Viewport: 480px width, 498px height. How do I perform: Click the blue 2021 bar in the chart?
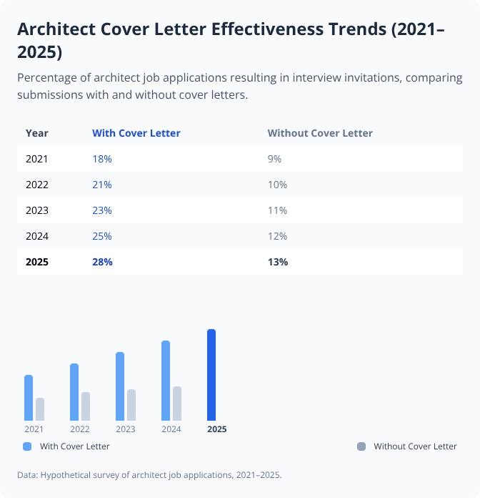pos(29,398)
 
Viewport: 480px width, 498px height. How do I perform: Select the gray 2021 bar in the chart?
pos(40,409)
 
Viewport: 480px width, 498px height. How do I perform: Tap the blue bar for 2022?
pos(74,392)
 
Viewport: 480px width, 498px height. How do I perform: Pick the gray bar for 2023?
pos(131,405)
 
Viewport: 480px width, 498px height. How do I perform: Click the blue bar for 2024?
pos(166,381)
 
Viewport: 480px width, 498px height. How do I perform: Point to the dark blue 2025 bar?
pos(211,375)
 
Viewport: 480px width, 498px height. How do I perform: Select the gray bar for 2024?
pos(177,404)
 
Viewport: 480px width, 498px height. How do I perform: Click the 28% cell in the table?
pos(102,262)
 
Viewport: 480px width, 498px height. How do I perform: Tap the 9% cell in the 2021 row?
pos(275,159)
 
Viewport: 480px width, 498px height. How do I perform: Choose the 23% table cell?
pos(102,210)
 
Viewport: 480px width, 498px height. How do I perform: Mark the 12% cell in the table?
pos(277,236)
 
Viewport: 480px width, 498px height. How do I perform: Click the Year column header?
pos(37,133)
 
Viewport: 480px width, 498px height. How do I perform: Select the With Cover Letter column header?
pos(136,133)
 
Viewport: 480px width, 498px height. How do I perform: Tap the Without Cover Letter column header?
pos(320,133)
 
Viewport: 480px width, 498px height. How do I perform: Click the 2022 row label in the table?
pos(37,185)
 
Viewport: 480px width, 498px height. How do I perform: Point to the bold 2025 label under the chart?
pos(216,429)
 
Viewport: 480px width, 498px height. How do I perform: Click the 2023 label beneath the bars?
pos(125,429)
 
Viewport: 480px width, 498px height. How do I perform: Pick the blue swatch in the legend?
pos(28,446)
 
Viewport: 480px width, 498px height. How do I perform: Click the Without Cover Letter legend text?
pos(415,446)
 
